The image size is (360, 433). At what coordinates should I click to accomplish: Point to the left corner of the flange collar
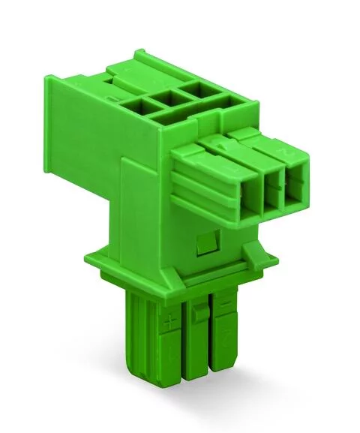pyautogui.click(x=97, y=270)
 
